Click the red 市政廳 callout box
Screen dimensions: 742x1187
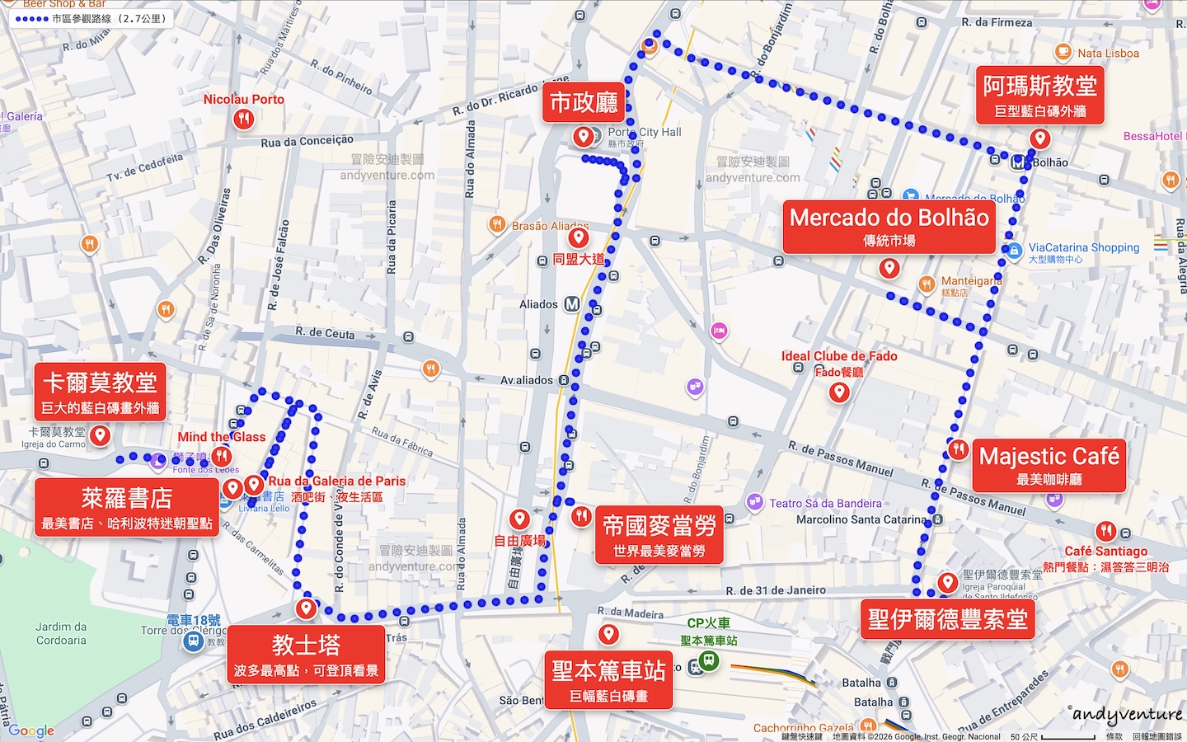(x=584, y=103)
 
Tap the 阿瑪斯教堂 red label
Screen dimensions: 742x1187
(x=1039, y=95)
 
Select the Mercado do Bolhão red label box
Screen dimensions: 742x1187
(x=889, y=227)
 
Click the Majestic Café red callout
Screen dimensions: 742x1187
(x=1049, y=465)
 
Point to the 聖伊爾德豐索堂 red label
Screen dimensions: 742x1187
(x=948, y=619)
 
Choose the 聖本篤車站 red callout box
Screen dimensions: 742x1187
(x=608, y=679)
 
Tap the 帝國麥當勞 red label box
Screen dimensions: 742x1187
(x=659, y=535)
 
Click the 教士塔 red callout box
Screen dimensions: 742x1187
(x=306, y=655)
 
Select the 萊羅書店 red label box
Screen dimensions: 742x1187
(x=127, y=508)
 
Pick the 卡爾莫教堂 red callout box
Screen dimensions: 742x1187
(x=100, y=392)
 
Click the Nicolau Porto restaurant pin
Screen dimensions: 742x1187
(x=242, y=119)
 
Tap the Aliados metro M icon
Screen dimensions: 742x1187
(x=572, y=304)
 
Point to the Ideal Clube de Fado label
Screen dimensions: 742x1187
(x=839, y=356)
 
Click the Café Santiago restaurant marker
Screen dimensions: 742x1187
(x=1105, y=532)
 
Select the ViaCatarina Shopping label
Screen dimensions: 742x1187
(x=1083, y=247)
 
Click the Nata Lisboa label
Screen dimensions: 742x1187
(x=1108, y=54)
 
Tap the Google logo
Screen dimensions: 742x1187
(x=31, y=730)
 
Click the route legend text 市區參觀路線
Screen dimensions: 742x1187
(x=109, y=18)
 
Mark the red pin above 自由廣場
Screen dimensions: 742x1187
(x=519, y=519)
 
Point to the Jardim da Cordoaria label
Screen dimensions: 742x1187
(x=61, y=633)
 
